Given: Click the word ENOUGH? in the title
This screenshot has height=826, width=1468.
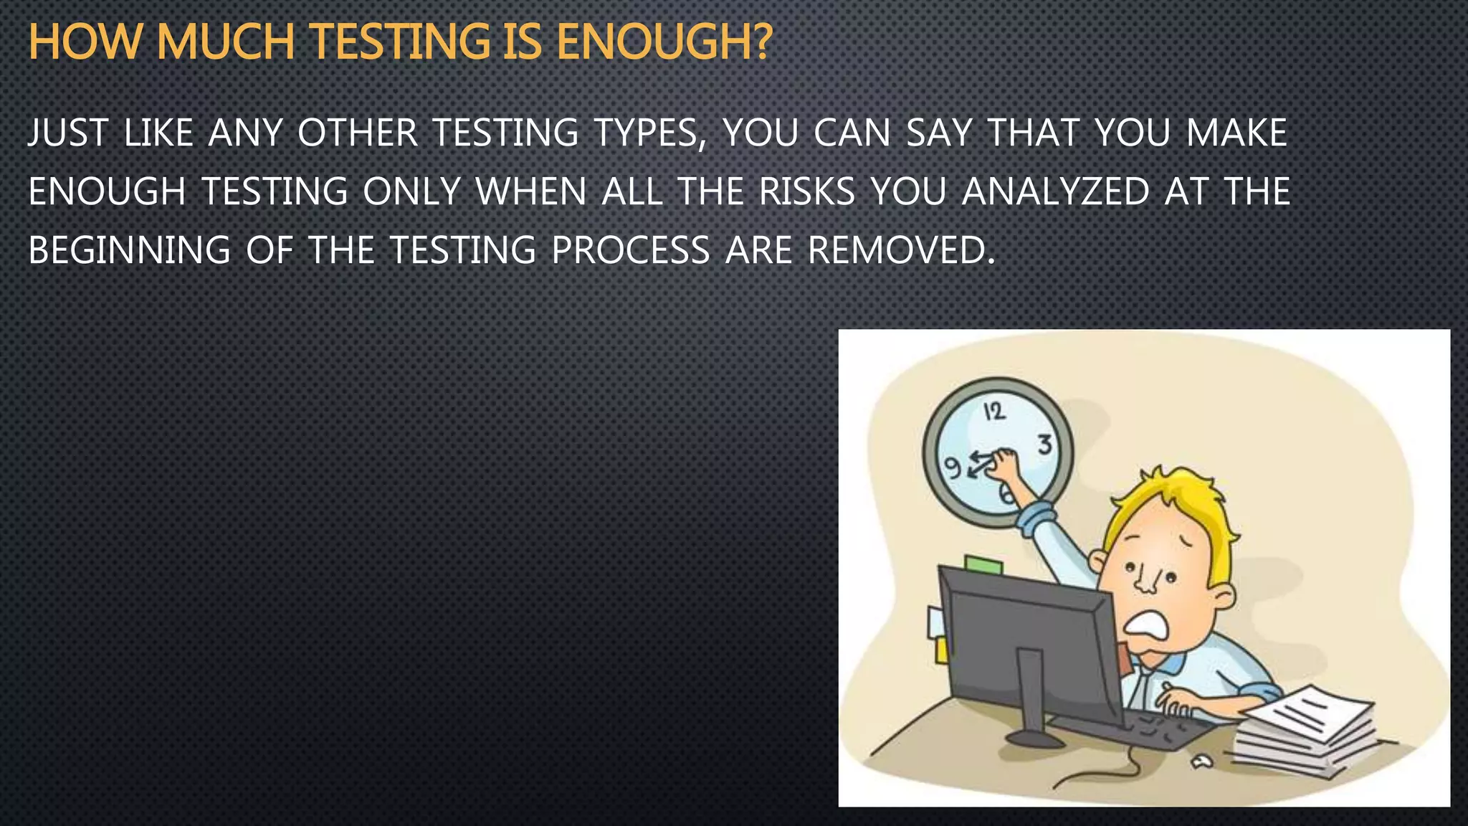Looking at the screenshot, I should (664, 42).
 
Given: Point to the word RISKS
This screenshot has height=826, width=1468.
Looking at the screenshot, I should (807, 191).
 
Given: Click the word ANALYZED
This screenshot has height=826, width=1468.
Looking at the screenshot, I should (1055, 191).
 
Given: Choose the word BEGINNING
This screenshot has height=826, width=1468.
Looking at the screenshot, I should (129, 250).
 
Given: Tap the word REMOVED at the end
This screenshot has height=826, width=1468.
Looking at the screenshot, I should (901, 250).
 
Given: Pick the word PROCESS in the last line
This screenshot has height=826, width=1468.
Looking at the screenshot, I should (631, 250).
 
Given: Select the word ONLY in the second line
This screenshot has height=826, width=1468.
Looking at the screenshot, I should (411, 191).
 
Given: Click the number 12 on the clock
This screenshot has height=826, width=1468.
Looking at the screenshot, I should (994, 412).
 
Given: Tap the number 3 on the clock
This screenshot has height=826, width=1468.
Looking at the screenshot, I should (1045, 445).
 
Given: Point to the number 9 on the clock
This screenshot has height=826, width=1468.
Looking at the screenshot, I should (952, 467).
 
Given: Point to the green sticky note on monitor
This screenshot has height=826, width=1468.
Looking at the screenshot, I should (983, 565).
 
